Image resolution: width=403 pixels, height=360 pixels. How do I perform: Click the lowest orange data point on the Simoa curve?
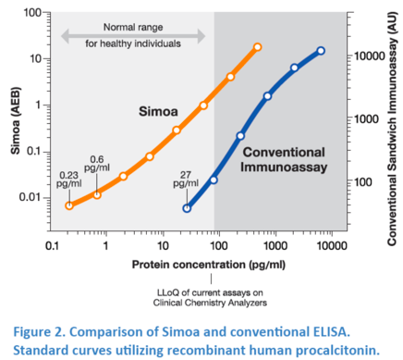click(x=68, y=205)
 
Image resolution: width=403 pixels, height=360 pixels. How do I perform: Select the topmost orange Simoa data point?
click(x=257, y=47)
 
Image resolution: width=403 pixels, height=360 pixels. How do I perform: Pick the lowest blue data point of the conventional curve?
click(x=187, y=208)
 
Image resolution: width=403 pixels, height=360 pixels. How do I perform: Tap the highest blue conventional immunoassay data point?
click(x=321, y=51)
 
